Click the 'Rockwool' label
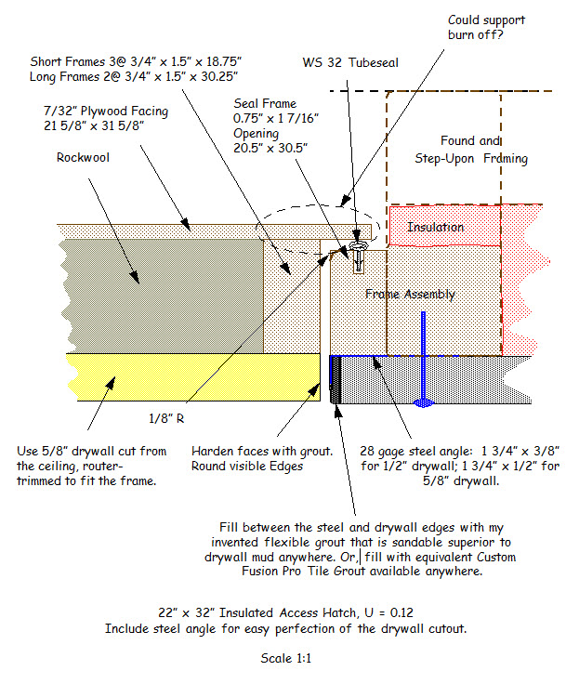[83, 157]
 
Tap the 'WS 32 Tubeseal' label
[350, 63]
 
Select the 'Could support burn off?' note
[486, 28]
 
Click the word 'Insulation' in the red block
[436, 228]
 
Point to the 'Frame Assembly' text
[410, 295]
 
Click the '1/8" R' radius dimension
[166, 419]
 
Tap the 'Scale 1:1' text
[286, 658]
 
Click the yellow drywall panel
[193, 377]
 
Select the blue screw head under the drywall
[423, 402]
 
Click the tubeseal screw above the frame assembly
[358, 256]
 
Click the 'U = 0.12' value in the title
[388, 612]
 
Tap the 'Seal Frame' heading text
[265, 104]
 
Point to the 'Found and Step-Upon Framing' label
[471, 150]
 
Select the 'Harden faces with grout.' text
[262, 451]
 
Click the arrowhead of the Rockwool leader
[135, 278]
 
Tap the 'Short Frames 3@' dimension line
[136, 61]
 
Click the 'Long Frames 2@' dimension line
[134, 77]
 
